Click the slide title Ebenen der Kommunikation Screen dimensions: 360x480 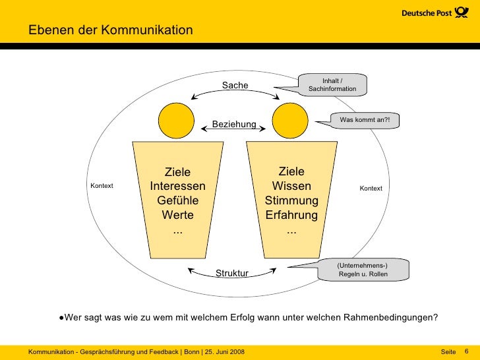point(110,30)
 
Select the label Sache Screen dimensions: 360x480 point(235,86)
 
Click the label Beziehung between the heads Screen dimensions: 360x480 point(234,124)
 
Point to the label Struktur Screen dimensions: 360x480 point(232,273)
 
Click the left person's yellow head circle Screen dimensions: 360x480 point(177,119)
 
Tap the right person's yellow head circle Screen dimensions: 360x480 point(291,119)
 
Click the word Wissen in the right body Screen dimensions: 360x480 point(291,186)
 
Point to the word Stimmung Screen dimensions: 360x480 point(291,200)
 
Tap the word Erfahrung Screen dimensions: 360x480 point(291,216)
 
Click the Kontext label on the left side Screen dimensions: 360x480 point(102,186)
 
